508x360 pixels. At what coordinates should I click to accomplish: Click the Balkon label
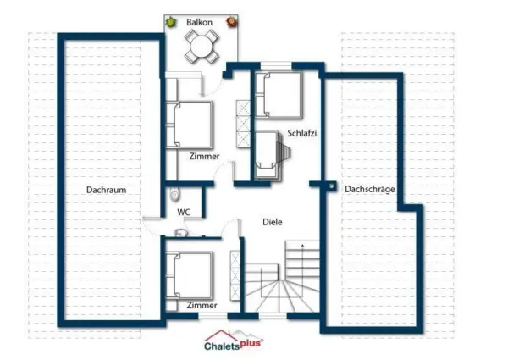[x=199, y=22]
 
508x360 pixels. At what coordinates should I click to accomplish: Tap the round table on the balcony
[x=202, y=47]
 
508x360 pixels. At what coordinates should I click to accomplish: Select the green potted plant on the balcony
[x=170, y=22]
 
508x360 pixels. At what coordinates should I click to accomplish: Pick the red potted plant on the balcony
[x=232, y=22]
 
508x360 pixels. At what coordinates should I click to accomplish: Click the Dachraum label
[x=107, y=190]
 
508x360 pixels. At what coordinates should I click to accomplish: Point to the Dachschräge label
[x=370, y=189]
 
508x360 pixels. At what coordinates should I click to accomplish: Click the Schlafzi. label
[x=303, y=133]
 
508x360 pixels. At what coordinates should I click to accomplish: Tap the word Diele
[x=272, y=222]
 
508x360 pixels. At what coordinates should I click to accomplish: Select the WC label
[x=184, y=213]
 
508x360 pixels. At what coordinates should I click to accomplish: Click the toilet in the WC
[x=174, y=194]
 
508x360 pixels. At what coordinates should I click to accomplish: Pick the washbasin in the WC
[x=180, y=232]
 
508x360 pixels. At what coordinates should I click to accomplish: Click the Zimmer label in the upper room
[x=204, y=157]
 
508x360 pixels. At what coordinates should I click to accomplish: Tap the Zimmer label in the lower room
[x=202, y=305]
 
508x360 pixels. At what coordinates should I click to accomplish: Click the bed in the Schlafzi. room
[x=279, y=94]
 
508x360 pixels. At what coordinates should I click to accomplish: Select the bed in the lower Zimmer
[x=190, y=275]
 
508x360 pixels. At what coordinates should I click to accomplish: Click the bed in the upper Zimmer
[x=190, y=125]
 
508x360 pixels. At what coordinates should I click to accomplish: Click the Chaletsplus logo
[x=234, y=341]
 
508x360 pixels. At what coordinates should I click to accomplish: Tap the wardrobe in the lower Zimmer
[x=235, y=275]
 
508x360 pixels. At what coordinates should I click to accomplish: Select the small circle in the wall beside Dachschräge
[x=331, y=186]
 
